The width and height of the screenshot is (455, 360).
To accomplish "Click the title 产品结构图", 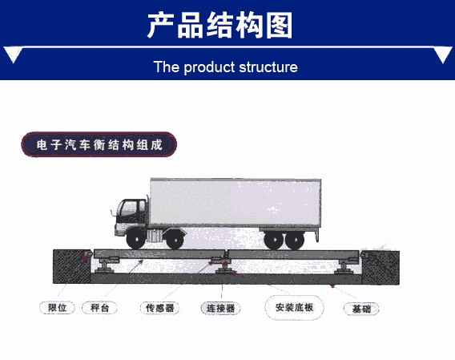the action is [219, 26].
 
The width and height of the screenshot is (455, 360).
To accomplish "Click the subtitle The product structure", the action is [225, 67].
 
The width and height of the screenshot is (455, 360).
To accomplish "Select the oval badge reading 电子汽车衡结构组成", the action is [99, 144].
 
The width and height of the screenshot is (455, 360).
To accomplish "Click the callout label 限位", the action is [57, 308].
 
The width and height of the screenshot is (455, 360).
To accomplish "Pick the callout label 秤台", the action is [99, 308].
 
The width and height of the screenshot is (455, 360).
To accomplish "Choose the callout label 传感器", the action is [159, 308].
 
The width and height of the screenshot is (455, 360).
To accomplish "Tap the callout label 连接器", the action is [220, 308].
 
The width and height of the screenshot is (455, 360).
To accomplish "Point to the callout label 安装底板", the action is [294, 307].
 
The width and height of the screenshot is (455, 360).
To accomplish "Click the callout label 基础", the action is [361, 309].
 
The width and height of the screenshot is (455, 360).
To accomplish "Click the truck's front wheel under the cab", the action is [136, 239].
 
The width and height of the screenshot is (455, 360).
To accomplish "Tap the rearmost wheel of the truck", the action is [295, 240].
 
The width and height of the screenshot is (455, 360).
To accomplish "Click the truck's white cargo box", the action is [236, 203].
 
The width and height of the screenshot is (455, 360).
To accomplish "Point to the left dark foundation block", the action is [72, 266].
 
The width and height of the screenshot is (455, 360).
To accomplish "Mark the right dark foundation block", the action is [381, 268].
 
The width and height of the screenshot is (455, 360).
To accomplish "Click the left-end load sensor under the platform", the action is [105, 265].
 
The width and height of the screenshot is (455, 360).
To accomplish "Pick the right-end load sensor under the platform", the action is [344, 266].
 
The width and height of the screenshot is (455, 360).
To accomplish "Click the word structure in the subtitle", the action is [268, 67].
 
